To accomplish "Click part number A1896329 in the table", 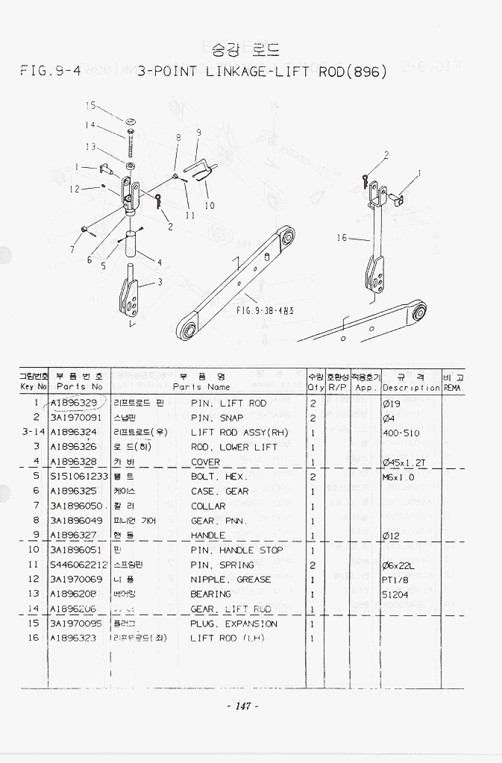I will pyautogui.click(x=73, y=404).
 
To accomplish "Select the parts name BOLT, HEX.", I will pyautogui.click(x=218, y=477).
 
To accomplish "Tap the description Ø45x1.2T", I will pyautogui.click(x=404, y=462).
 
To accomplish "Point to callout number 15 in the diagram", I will pyautogui.click(x=90, y=106).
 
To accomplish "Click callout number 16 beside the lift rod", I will pyautogui.click(x=342, y=239).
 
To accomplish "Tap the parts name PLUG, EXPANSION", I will pyautogui.click(x=233, y=624).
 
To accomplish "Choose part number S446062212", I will pyautogui.click(x=79, y=565).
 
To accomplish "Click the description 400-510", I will pyautogui.click(x=401, y=433).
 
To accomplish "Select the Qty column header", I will pyautogui.click(x=315, y=382).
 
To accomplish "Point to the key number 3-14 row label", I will pyautogui.click(x=34, y=433).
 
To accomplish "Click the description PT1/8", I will pyautogui.click(x=395, y=580).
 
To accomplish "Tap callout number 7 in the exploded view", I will pyautogui.click(x=72, y=249).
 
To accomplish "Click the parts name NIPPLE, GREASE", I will pyautogui.click(x=230, y=580).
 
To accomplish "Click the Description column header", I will pyautogui.click(x=411, y=382).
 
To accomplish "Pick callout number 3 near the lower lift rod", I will pyautogui.click(x=160, y=282).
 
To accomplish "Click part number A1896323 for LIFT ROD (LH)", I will pyautogui.click(x=73, y=638).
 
